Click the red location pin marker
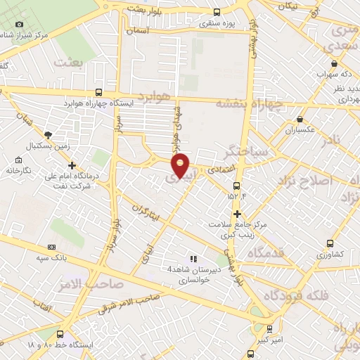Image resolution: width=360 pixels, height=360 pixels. coord(181,165)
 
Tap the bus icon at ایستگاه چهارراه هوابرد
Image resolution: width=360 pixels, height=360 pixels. coord(98,92)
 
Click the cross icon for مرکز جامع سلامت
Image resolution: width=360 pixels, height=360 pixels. coord(237,214)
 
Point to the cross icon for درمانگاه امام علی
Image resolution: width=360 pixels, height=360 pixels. coord(72,165)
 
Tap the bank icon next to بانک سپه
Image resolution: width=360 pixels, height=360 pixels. coord(51,247)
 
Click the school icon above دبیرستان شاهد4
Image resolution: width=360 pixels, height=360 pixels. coord(193,259)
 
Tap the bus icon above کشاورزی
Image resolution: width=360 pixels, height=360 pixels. coord(330,244)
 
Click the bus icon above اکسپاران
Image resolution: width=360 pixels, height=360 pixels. coord(301,120)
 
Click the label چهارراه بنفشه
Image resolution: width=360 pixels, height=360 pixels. coord(249,104)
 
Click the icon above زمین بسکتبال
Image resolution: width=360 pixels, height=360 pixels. coord(48,135)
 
